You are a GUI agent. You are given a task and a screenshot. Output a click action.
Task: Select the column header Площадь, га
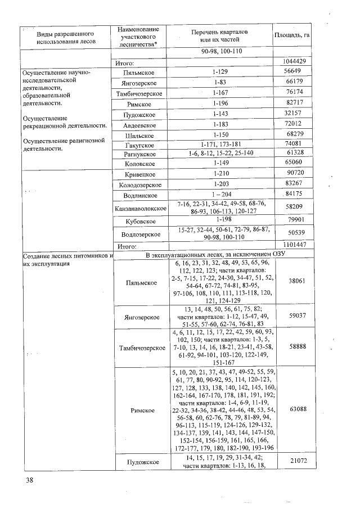click(292, 35)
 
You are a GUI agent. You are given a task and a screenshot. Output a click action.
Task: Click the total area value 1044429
click(292, 61)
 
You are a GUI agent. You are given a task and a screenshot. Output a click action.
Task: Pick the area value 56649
click(292, 71)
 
